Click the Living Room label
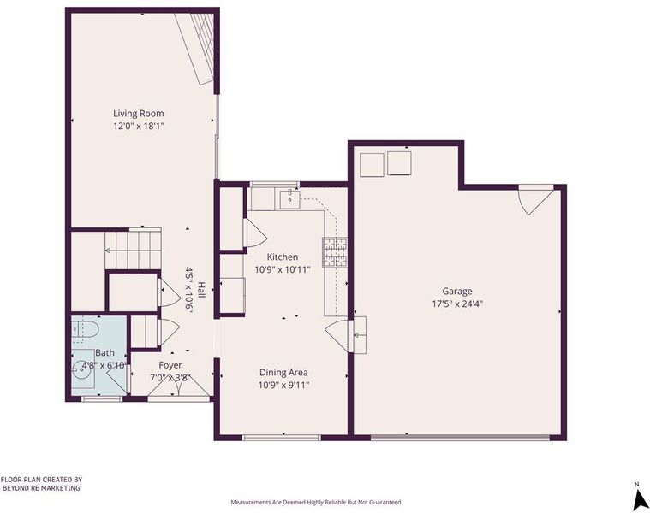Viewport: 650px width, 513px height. tap(139, 114)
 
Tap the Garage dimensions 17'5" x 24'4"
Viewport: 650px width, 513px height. tap(457, 304)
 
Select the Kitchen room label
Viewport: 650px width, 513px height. tap(283, 256)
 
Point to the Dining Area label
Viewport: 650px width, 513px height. tap(283, 373)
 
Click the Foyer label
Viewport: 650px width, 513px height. tap(170, 365)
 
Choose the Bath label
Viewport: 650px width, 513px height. tap(104, 353)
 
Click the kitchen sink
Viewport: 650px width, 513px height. tap(289, 199)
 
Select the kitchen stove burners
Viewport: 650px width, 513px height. tap(335, 252)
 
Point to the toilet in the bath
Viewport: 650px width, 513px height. tap(85, 330)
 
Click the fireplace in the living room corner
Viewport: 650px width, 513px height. tap(197, 48)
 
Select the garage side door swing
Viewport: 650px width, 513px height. tap(535, 200)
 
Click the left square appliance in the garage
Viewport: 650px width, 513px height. tap(372, 165)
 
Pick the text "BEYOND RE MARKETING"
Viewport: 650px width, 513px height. tap(41, 488)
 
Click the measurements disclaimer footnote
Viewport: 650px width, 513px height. tap(316, 502)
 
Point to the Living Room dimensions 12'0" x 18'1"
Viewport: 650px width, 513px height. tap(139, 126)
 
